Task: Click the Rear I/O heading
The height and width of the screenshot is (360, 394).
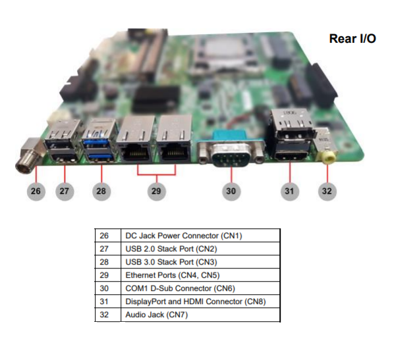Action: point(352,39)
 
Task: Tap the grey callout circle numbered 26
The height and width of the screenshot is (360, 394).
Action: point(36,192)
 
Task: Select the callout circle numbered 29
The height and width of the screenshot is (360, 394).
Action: point(156,192)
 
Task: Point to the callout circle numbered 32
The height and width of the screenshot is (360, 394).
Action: point(327,192)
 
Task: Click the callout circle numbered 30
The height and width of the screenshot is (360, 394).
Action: point(231,192)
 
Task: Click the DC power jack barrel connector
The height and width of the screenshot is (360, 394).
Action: point(28,156)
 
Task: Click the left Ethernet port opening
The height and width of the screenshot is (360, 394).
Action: point(137,153)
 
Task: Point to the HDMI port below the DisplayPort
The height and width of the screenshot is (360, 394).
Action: point(291,156)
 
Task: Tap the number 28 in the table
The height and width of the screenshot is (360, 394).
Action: point(104,262)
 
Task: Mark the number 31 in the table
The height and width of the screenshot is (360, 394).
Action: point(104,301)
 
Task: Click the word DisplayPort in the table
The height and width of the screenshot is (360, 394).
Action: point(146,301)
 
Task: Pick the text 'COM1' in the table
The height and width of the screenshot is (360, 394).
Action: point(136,288)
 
